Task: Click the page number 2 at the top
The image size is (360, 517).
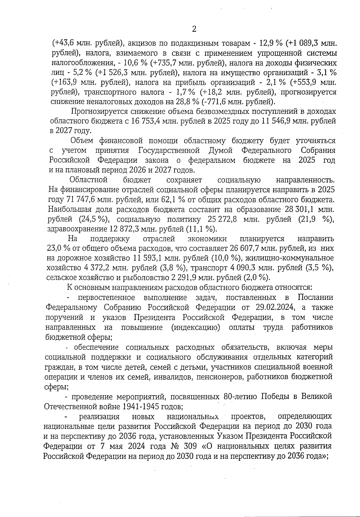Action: coord(194,29)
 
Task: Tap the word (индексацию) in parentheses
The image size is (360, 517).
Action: coord(196,327)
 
